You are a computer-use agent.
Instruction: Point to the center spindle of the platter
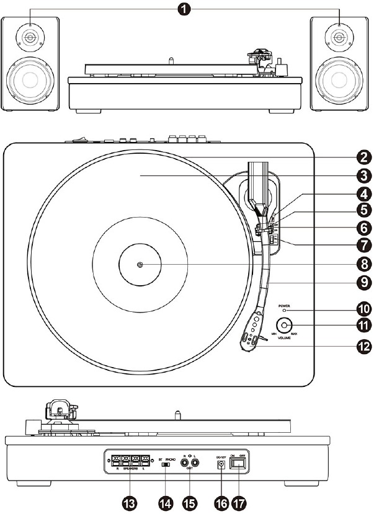point(140,265)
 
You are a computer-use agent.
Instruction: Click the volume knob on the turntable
point(285,324)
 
